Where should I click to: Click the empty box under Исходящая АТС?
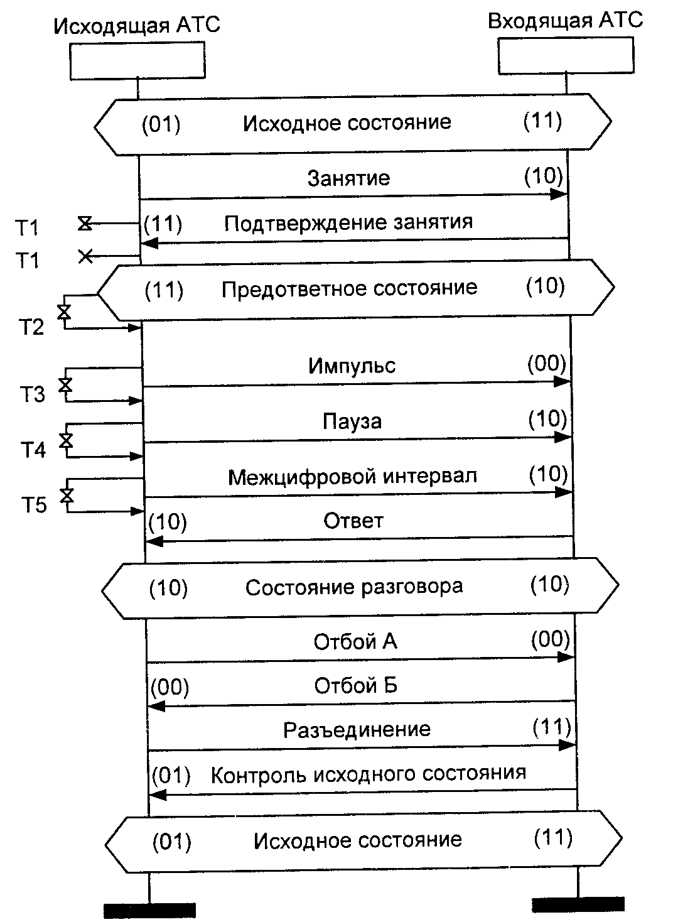137,60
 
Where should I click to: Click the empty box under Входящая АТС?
566,57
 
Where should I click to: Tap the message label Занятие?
348,178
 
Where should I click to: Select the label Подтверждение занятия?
348,222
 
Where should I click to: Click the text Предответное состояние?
350,288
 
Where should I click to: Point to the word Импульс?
352,366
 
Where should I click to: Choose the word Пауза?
352,421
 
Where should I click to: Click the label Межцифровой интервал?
352,476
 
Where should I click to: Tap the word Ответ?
353,521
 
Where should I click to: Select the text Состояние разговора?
354,587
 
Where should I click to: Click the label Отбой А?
355,641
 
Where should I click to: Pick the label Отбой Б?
356,685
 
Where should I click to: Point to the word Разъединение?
357,729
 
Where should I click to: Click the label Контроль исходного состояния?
368,773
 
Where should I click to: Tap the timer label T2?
30,327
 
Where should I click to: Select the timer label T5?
35,505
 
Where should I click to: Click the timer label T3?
32,395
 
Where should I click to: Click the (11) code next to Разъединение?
552,727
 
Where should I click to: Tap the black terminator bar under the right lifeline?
578,904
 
